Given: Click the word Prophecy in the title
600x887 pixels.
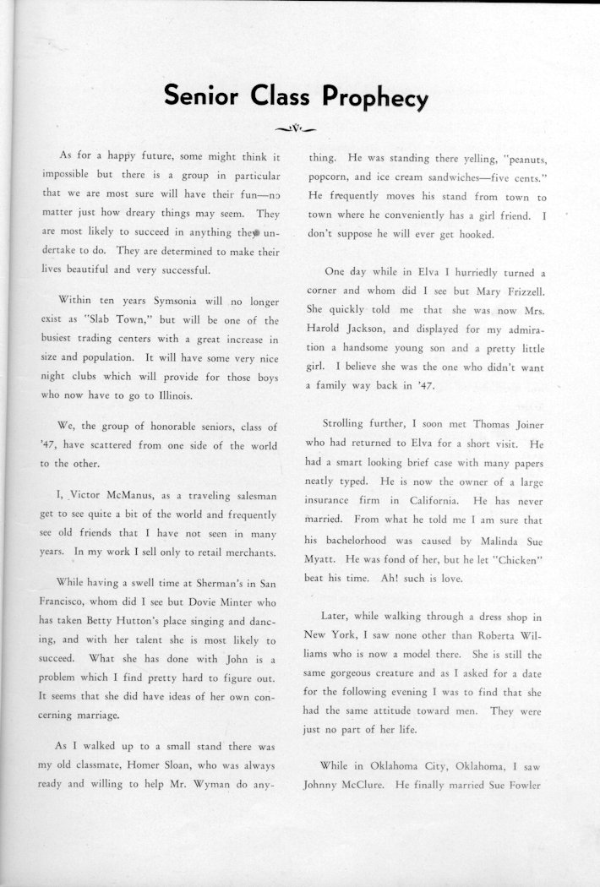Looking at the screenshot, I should tap(374, 98).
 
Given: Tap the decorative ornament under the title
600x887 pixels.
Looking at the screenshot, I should tap(297, 128).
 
